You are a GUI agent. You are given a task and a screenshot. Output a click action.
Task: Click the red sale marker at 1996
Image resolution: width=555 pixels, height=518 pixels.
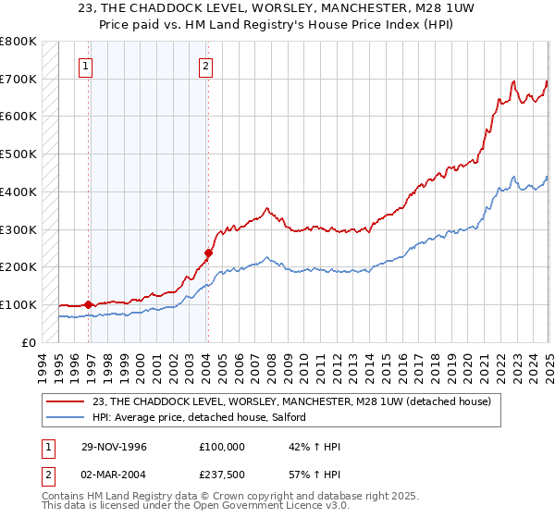click(88, 303)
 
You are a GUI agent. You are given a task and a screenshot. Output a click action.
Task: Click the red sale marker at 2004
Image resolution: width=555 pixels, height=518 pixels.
click(208, 252)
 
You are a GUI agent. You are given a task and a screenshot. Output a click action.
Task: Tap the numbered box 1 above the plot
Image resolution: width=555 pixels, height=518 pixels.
click(86, 66)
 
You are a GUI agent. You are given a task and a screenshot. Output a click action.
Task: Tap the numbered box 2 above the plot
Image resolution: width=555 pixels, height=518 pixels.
click(204, 66)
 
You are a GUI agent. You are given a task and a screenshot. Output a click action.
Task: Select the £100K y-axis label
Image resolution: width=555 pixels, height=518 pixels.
click(18, 304)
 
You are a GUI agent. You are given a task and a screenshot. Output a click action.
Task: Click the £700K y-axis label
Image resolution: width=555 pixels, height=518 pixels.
click(18, 80)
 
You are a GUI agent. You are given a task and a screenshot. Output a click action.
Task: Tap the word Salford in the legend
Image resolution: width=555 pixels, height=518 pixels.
click(299, 418)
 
